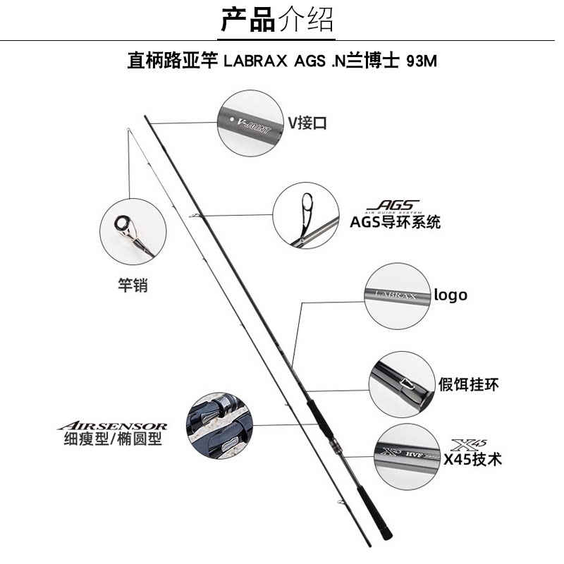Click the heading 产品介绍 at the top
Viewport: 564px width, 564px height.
[277, 20]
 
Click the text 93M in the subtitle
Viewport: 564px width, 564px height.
[422, 61]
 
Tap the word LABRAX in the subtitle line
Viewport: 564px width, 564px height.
[255, 61]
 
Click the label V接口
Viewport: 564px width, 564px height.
[307, 123]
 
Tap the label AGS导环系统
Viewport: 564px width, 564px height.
[395, 222]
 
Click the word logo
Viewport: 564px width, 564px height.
[450, 295]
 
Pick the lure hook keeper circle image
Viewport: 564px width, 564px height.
[400, 384]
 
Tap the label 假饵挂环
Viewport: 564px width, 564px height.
[469, 384]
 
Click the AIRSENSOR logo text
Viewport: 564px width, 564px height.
[112, 426]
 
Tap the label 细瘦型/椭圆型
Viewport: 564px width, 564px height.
[113, 439]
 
